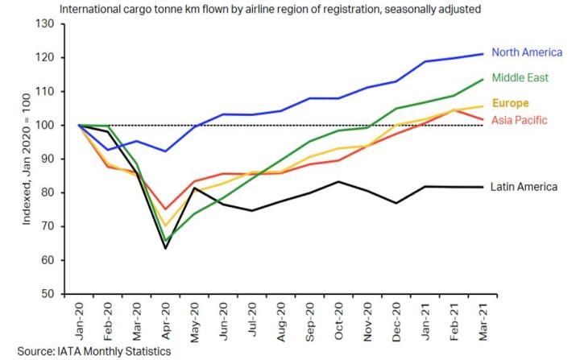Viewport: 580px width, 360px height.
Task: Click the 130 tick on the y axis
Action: tap(45, 24)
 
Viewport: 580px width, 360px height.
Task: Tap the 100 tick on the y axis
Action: tap(45, 126)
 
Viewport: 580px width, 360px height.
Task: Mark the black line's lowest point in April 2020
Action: tap(166, 248)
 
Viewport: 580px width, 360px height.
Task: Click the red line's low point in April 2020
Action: tap(166, 209)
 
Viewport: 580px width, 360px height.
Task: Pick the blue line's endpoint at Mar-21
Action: tap(483, 54)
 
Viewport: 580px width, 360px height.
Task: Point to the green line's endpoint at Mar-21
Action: tap(483, 79)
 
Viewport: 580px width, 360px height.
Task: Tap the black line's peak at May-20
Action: tap(194, 188)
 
